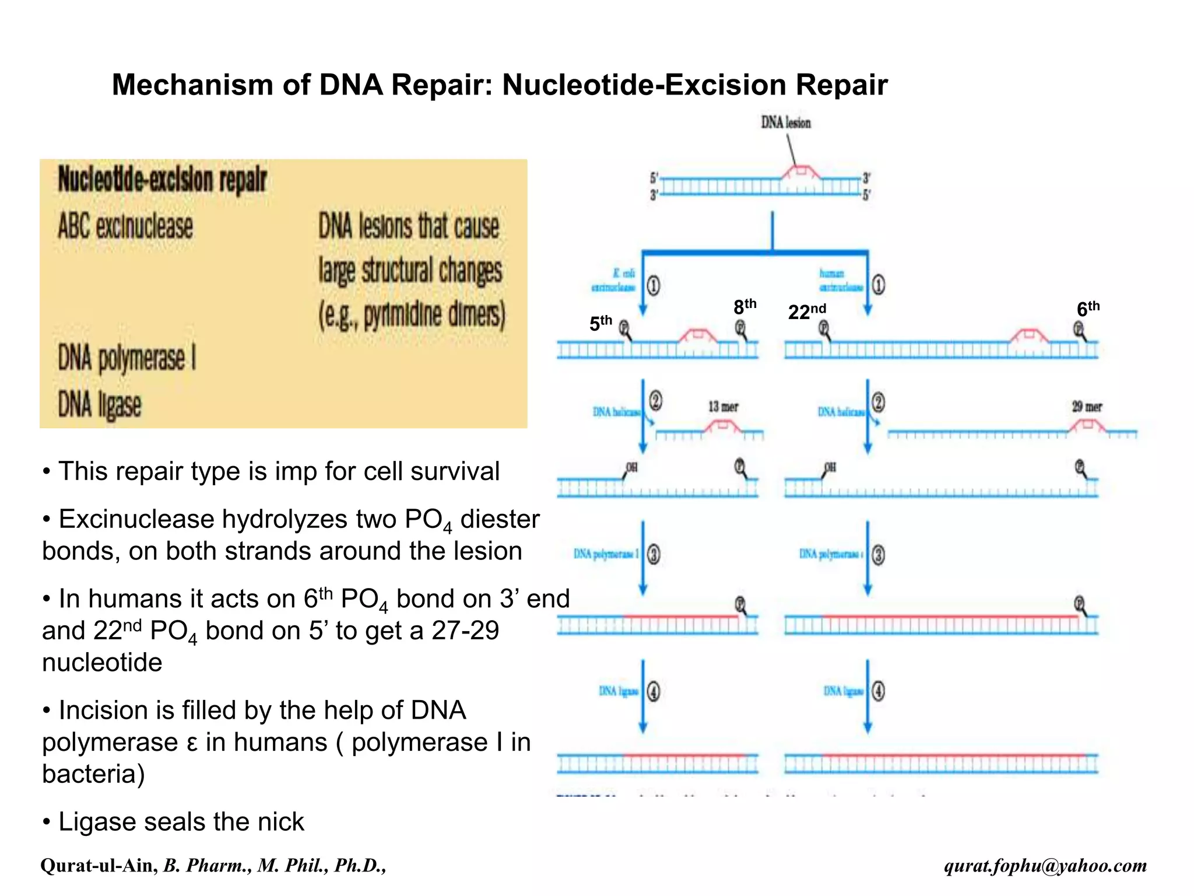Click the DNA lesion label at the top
tap(785, 123)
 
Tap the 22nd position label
tap(806, 311)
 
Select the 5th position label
tap(600, 323)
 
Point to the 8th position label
tap(744, 306)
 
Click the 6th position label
tap(1087, 309)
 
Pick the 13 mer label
tap(723, 407)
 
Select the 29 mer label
tap(1087, 407)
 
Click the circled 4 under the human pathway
tap(878, 692)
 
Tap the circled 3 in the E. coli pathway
tap(654, 554)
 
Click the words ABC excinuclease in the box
tap(125, 226)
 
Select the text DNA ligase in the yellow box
tap(100, 404)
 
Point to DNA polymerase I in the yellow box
tap(127, 358)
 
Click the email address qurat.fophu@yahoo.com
tap(1045, 865)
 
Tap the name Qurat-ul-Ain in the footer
tap(99, 865)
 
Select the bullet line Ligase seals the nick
tap(181, 821)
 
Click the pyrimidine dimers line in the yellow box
tap(411, 315)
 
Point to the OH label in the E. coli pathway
tap(631, 467)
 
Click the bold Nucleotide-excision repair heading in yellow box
tap(162, 180)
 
